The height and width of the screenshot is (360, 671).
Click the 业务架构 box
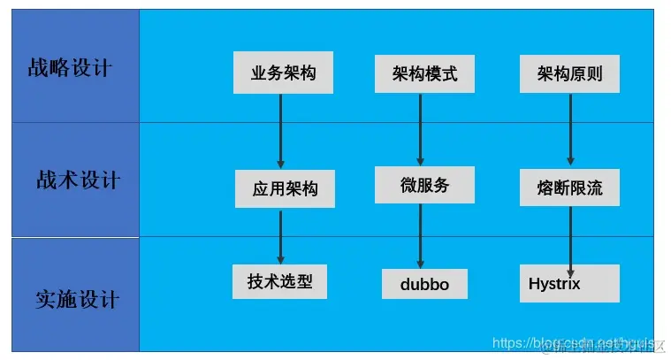283,73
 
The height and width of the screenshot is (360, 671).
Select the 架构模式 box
425,73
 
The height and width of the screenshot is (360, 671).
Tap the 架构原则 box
569,73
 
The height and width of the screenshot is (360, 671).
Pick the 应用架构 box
285,188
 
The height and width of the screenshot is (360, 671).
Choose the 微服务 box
424,185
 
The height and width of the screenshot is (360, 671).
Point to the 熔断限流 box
569,188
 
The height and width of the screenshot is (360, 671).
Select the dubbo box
424,285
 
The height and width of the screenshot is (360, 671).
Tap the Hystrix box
569,283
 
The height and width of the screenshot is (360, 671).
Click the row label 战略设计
72,67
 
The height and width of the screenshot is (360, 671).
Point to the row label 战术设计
77,180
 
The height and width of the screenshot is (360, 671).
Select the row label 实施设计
77,298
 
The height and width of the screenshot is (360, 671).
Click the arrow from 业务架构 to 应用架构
281,131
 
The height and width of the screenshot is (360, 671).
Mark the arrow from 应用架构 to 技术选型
281,236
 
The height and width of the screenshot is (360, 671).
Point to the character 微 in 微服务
408,185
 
